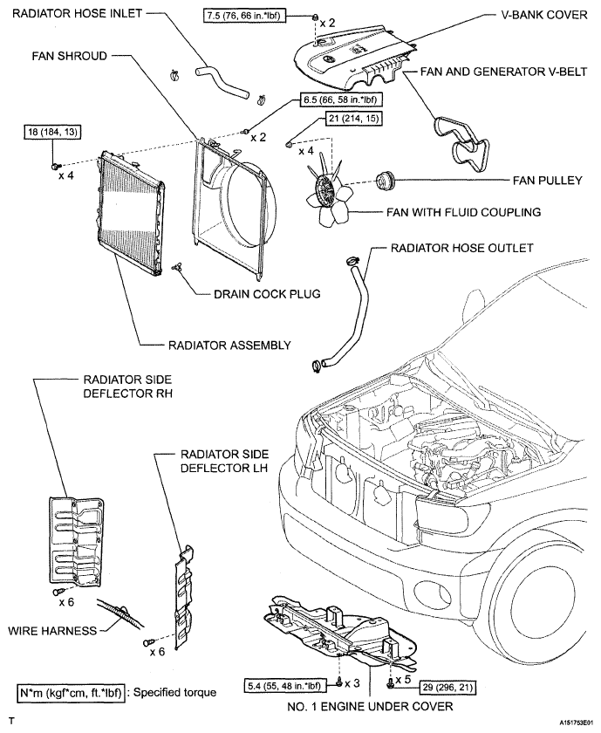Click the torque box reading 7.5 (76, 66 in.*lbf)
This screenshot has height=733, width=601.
(x=244, y=16)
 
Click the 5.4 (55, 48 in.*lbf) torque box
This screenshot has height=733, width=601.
(x=284, y=685)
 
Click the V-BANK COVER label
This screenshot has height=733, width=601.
(x=544, y=15)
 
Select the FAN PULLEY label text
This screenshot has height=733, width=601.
(x=547, y=181)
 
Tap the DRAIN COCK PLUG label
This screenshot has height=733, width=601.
(x=267, y=294)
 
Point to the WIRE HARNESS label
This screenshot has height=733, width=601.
(x=52, y=631)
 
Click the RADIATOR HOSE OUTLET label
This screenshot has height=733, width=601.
(x=461, y=248)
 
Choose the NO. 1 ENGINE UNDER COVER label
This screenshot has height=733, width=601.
(x=370, y=706)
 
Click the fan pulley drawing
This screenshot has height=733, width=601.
(x=386, y=181)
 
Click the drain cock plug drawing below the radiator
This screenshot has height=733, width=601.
(x=176, y=266)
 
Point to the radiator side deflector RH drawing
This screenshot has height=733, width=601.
(x=77, y=540)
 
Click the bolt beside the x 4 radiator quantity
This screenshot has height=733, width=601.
(x=55, y=166)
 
